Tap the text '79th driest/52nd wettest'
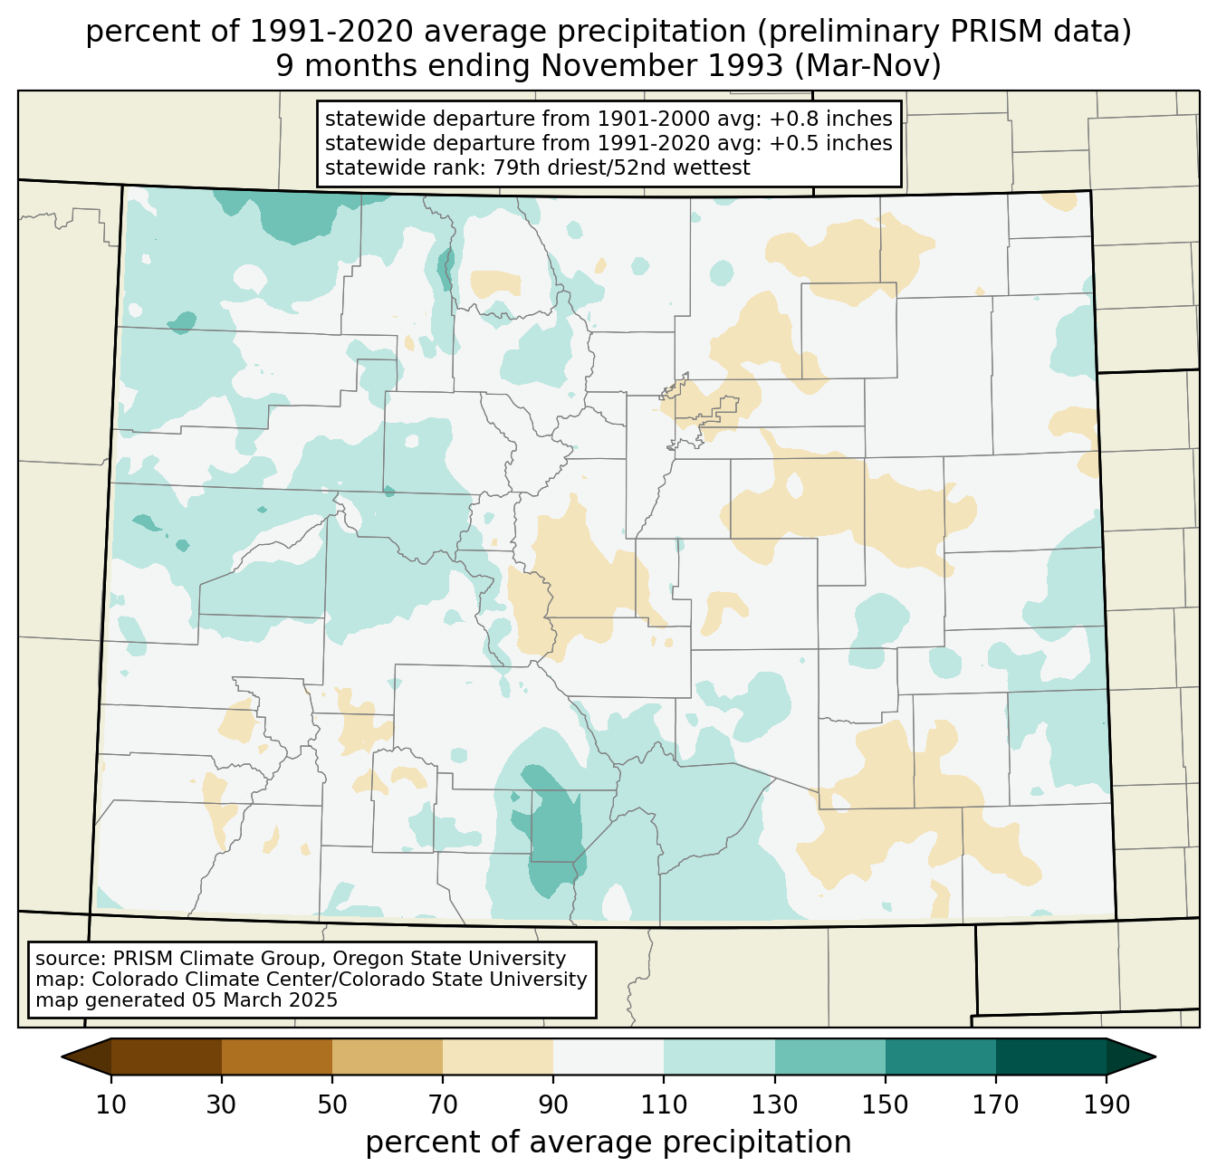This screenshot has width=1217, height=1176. [x=622, y=167]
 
